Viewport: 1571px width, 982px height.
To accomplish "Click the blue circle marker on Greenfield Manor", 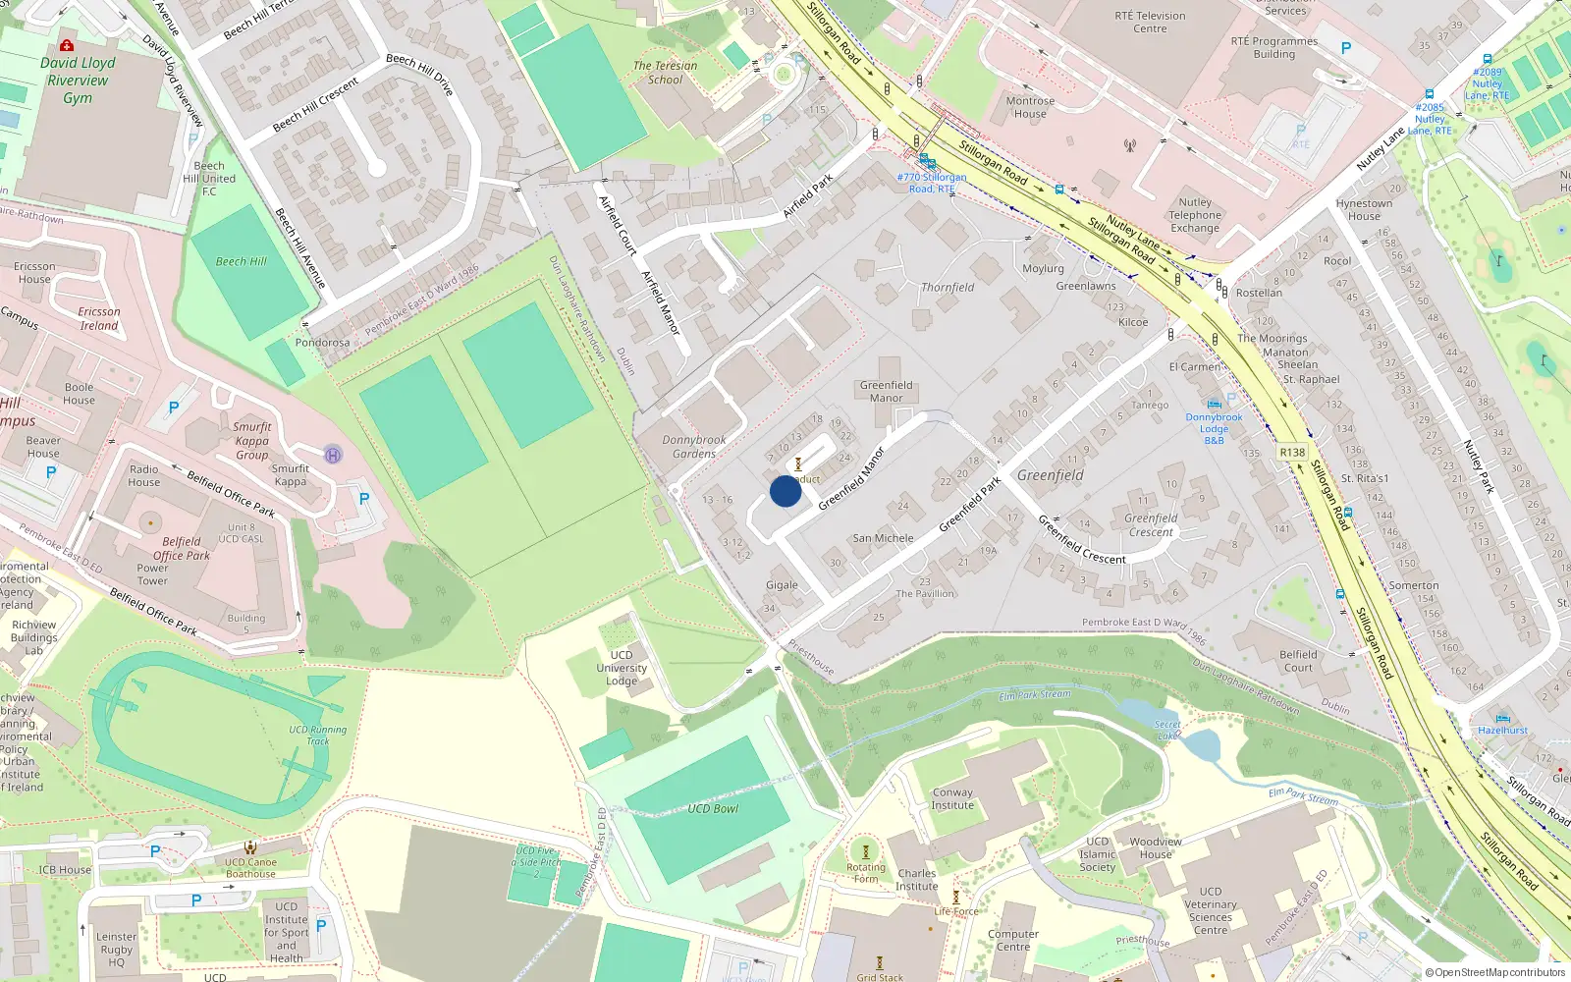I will tap(785, 491).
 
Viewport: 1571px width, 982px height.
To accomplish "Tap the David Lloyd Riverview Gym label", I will tap(78, 81).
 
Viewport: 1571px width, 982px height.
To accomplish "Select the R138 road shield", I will tap(1292, 453).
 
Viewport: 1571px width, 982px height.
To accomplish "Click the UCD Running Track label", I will tap(317, 736).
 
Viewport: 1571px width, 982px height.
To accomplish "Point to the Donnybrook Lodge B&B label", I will tap(1214, 429).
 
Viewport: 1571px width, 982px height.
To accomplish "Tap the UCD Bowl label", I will tap(713, 809).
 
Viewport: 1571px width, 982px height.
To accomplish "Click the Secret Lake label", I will tap(1167, 730).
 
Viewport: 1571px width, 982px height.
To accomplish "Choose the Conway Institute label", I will tap(952, 798).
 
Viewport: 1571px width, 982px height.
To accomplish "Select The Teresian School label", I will tap(665, 73).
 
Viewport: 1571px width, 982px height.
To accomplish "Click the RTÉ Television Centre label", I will tap(1150, 23).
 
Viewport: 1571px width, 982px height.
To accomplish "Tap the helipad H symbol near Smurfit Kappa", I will tap(333, 455).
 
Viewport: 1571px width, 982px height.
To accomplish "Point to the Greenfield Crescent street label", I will tap(1082, 540).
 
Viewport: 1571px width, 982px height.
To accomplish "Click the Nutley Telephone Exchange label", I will tap(1195, 215).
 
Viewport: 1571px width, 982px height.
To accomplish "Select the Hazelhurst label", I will tap(1502, 730).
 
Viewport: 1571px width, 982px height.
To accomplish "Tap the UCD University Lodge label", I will tap(622, 668).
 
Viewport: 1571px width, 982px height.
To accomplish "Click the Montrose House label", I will tap(1030, 107).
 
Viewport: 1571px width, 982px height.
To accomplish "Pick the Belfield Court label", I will tap(1298, 661).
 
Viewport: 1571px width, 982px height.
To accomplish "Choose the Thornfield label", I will tap(948, 288).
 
